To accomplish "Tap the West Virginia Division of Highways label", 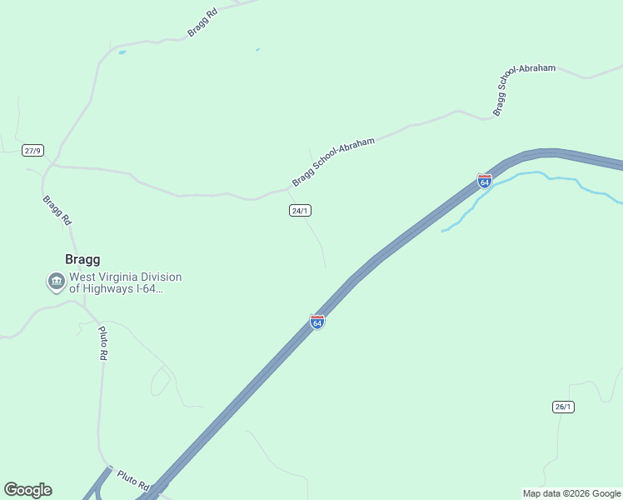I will tap(124, 282).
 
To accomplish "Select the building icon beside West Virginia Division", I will tap(56, 282).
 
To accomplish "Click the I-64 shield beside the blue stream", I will tap(484, 180).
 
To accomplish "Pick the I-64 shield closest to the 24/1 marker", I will tap(316, 322).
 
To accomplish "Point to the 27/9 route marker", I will tap(32, 151).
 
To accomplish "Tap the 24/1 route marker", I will tap(301, 211).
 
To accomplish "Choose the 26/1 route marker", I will tap(563, 407).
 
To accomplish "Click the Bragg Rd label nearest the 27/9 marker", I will tap(57, 211).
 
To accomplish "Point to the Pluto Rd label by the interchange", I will tap(132, 479).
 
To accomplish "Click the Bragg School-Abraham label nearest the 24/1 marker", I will tap(333, 162).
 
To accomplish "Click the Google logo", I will tap(27, 490).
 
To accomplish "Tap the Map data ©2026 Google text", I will tap(571, 493).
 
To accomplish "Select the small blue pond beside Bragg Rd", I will tap(122, 52).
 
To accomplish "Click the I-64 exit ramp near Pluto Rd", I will tap(101, 483).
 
